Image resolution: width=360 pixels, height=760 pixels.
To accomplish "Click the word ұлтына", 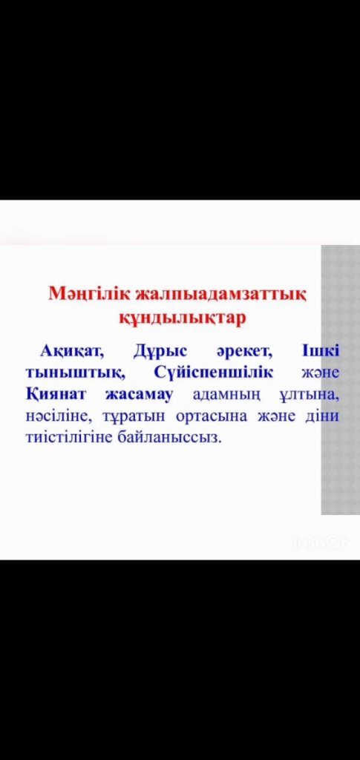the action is coord(309,396).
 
